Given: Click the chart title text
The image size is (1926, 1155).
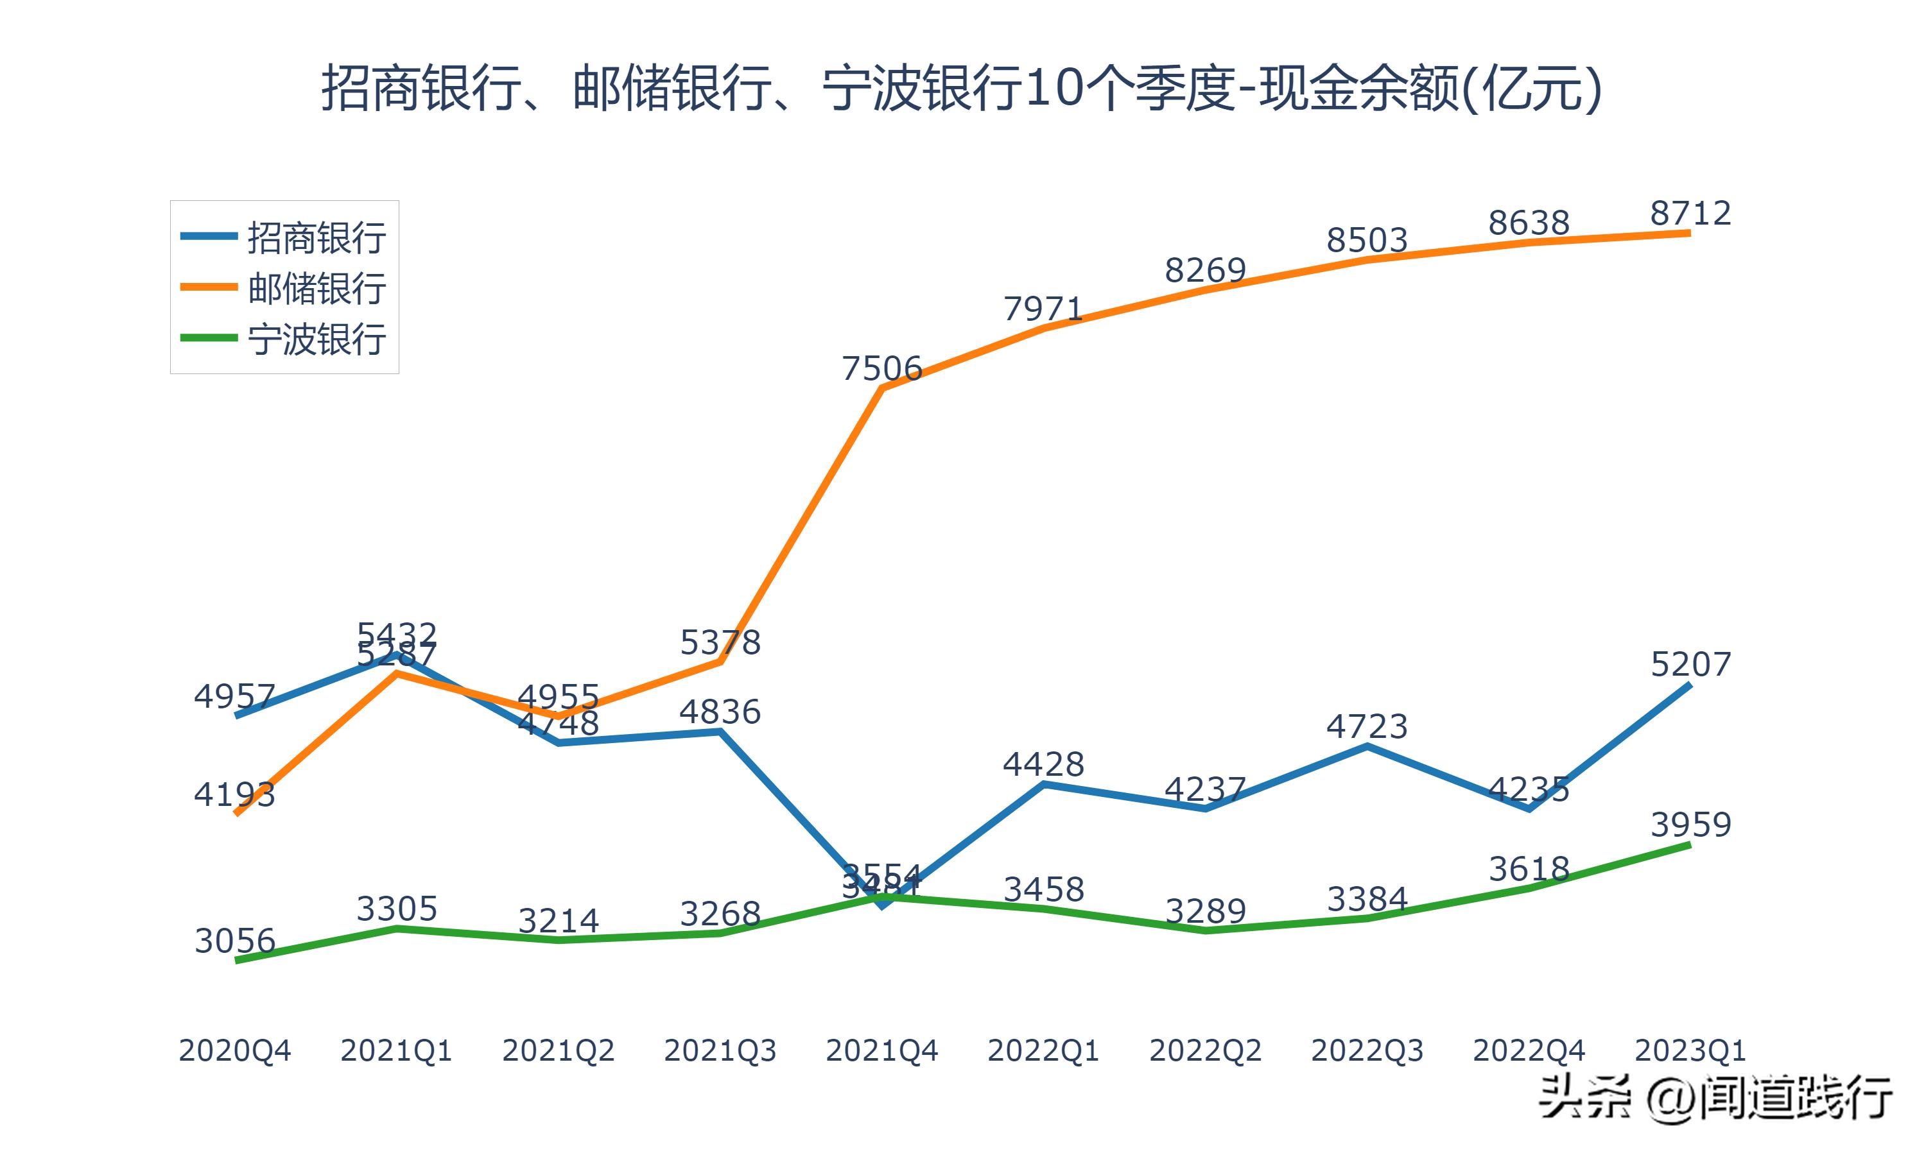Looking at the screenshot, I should (962, 88).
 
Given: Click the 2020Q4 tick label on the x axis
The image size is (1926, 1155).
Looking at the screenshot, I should (234, 1050).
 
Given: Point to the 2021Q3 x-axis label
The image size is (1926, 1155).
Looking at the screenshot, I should (720, 1050).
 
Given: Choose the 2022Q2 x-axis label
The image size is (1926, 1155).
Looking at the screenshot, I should (1205, 1050).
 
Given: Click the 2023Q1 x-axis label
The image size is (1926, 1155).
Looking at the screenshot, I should (1690, 1050).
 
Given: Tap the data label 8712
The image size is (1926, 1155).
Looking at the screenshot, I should (1690, 213).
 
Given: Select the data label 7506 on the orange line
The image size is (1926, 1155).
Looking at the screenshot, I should (882, 368).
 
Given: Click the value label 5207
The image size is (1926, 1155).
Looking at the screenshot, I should (1690, 664).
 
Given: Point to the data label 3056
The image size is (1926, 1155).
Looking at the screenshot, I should (234, 941).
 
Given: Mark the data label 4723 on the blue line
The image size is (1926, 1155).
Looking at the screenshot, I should (1367, 726).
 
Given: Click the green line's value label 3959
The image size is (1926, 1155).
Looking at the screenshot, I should (1690, 825).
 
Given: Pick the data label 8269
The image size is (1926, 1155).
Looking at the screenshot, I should (1205, 270).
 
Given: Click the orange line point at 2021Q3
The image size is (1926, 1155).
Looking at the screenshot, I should (720, 662).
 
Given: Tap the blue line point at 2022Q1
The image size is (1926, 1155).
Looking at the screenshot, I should (1044, 783).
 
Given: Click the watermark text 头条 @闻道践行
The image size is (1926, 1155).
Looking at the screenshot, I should (1715, 1098).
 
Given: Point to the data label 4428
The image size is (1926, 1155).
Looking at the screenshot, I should (1044, 764).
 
